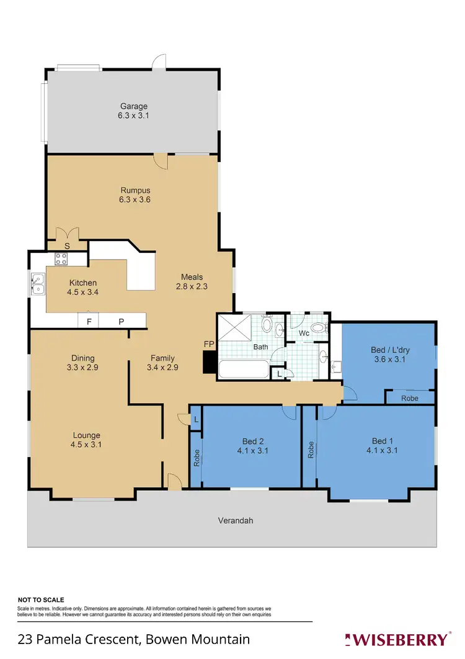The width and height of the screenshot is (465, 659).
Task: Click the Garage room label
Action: click(x=134, y=106)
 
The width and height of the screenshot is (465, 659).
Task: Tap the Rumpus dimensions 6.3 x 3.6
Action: click(x=135, y=200)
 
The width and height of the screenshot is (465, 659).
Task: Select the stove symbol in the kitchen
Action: click(x=61, y=259)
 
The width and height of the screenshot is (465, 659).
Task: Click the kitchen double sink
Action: click(x=38, y=284)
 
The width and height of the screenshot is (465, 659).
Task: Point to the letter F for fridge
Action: click(x=89, y=322)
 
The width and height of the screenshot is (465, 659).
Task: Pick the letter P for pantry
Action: click(x=121, y=322)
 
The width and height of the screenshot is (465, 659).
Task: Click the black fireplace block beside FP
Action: click(x=210, y=362)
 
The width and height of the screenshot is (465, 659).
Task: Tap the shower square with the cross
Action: click(x=236, y=328)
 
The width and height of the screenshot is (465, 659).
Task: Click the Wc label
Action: click(x=304, y=334)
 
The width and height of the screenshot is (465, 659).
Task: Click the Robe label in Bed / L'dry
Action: click(x=409, y=399)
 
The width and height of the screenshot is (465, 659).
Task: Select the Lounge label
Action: click(x=86, y=435)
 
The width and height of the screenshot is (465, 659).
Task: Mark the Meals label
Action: click(x=192, y=277)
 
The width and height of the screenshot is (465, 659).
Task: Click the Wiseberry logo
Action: click(x=398, y=639)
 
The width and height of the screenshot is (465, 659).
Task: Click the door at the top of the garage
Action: click(x=161, y=62)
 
